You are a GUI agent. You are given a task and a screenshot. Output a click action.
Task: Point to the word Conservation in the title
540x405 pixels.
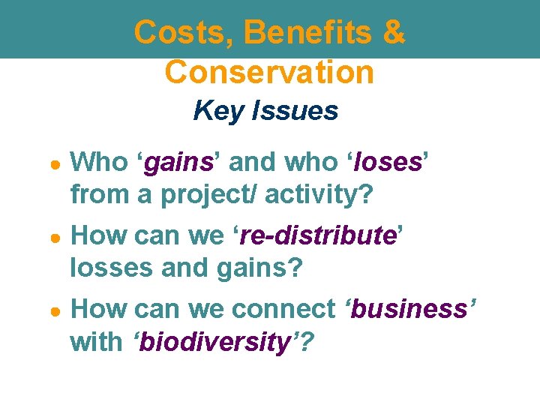269,72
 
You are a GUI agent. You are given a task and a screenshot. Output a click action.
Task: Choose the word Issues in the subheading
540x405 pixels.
295,111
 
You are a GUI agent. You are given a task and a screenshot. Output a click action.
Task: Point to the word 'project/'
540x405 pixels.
204,194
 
